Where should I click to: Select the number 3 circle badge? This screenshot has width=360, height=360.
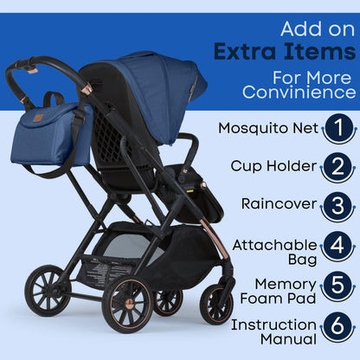[337, 207]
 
